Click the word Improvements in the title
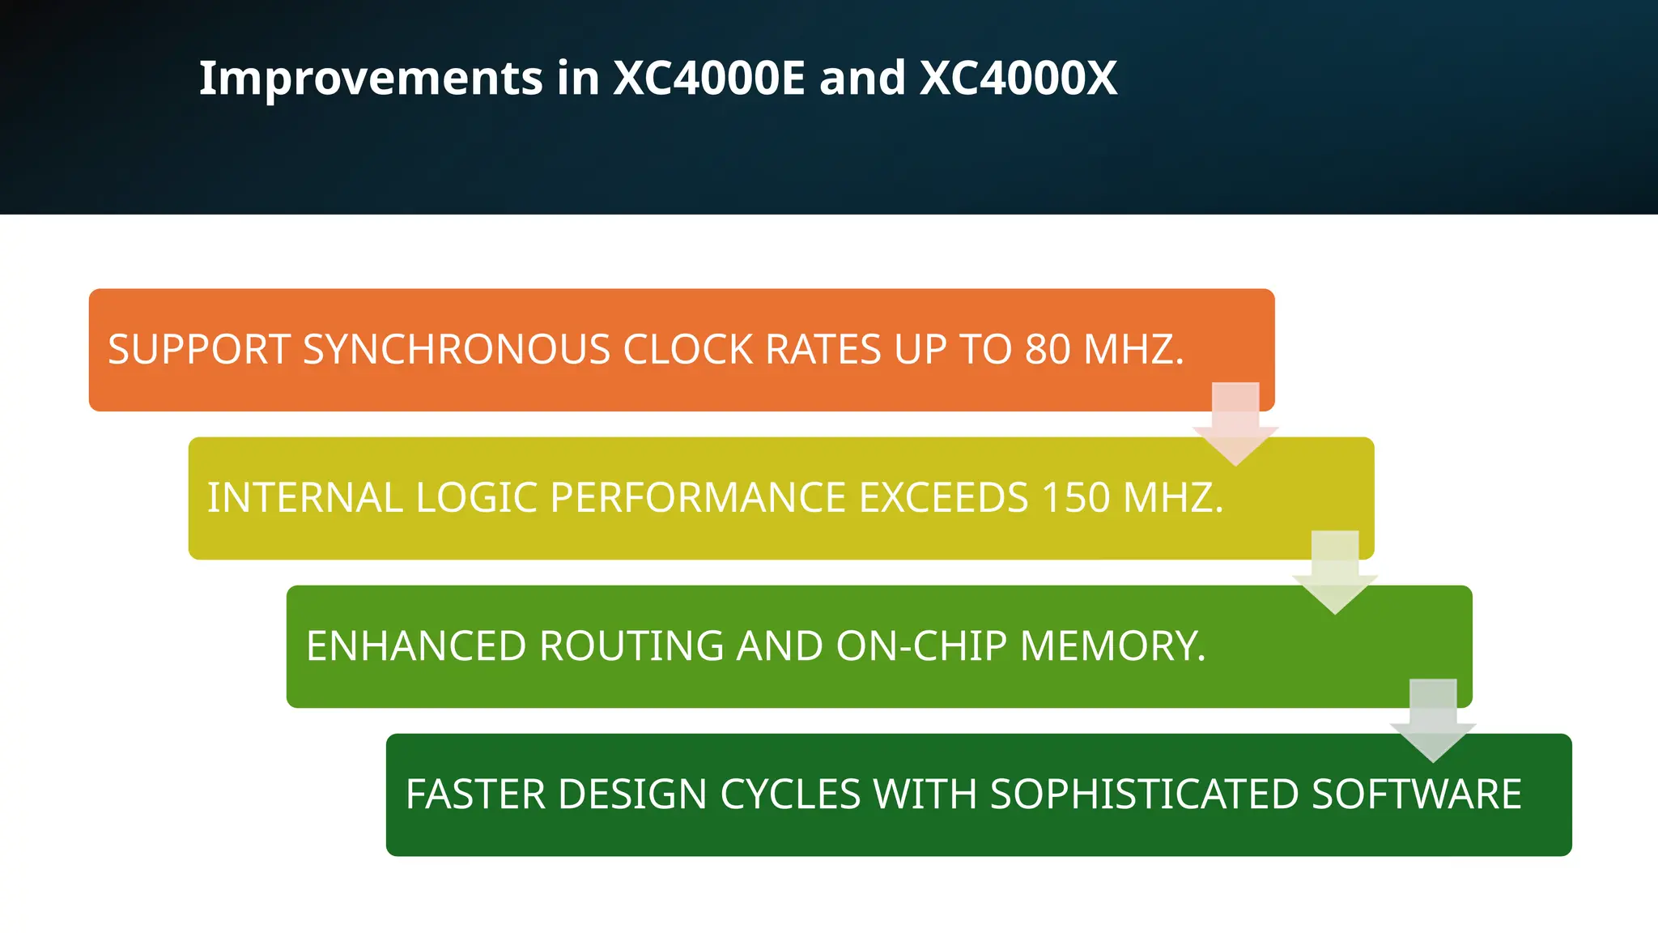pyautogui.click(x=371, y=79)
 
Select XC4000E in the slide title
pyautogui.click(x=708, y=79)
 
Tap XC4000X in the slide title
pyautogui.click(x=1018, y=79)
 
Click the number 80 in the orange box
pyautogui.click(x=1048, y=350)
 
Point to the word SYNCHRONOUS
pyautogui.click(x=456, y=350)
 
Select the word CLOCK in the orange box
pyautogui.click(x=687, y=350)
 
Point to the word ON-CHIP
pyautogui.click(x=921, y=646)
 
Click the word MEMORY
pyautogui.click(x=1112, y=646)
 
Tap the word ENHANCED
pyautogui.click(x=416, y=646)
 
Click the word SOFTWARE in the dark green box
pyautogui.click(x=1416, y=795)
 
